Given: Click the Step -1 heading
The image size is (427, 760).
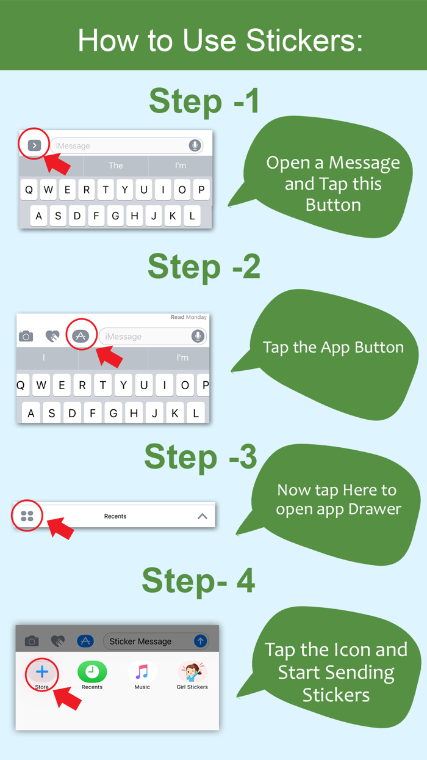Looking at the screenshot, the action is tap(204, 101).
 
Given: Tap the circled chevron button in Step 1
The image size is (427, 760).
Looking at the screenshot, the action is tap(34, 145).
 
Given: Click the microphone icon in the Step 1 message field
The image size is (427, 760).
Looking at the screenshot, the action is tap(195, 145).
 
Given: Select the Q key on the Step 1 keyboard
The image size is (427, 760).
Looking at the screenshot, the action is tap(29, 189).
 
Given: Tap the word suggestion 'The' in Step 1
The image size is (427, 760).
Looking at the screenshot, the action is tap(115, 166).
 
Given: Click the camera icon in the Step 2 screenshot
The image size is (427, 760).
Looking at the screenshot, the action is tap(26, 336).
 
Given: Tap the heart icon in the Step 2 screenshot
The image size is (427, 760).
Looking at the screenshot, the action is tap(52, 336).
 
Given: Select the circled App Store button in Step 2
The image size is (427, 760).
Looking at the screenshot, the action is tap(81, 336).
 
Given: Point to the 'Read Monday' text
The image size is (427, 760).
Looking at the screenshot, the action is tap(188, 317).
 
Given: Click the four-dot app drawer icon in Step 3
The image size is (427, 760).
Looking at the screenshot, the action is tap(27, 516).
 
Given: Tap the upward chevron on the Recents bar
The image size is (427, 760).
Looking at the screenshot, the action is tap(203, 516).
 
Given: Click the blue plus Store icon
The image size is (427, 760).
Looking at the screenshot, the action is tap(42, 671).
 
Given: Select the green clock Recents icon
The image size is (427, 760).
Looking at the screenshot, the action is tap(92, 671).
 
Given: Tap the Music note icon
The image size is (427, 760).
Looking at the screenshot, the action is tap(142, 671).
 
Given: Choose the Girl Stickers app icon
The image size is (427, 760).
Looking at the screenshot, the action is tap(192, 671).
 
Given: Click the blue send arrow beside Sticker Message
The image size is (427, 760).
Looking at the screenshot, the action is tap(200, 641).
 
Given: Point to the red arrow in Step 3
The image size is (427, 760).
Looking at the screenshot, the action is tap(60, 528).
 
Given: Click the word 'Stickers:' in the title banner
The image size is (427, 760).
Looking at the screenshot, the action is tap(304, 40).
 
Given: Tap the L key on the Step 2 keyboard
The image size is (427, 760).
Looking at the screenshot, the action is tap(196, 413).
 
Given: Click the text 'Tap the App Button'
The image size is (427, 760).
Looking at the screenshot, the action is tap(334, 348).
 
